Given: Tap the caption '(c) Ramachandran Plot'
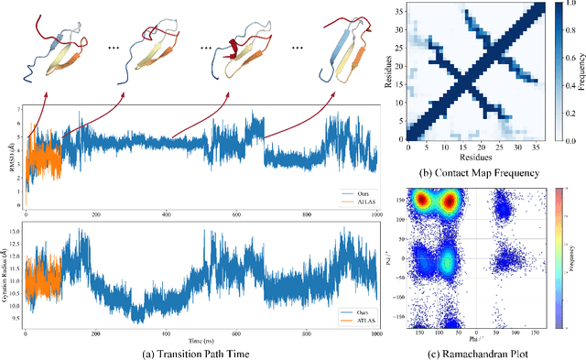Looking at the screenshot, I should point(483,350).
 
